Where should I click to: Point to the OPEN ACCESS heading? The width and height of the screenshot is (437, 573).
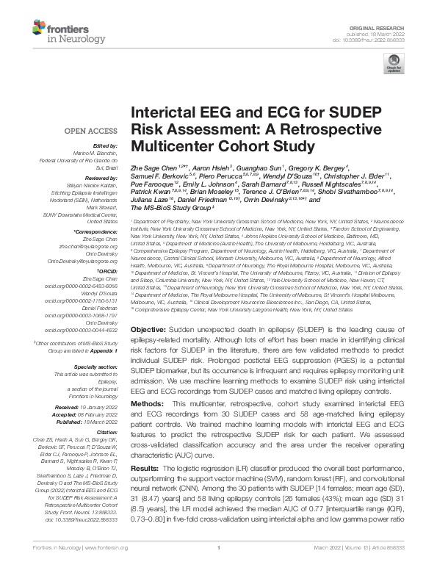click(x=81, y=131)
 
